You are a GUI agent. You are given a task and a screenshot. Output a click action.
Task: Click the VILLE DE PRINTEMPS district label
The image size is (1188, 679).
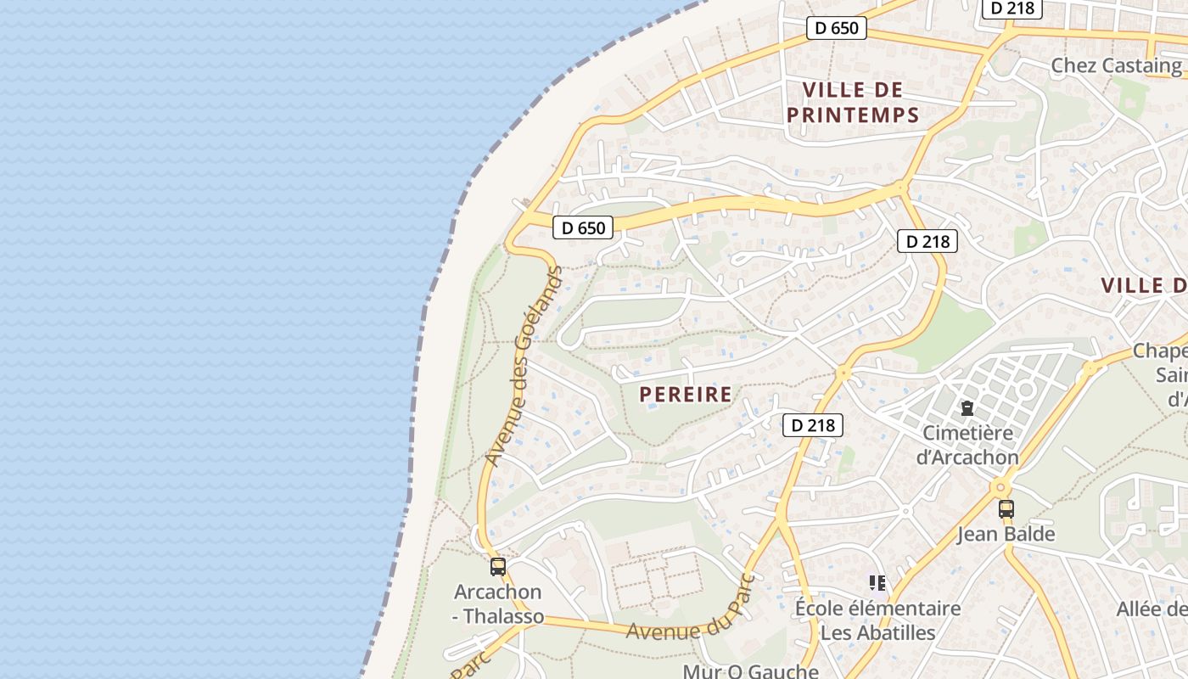(853, 102)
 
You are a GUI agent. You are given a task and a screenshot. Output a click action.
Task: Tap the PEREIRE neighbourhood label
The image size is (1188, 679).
(686, 394)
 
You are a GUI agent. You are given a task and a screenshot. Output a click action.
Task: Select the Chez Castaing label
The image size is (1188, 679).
(1116, 65)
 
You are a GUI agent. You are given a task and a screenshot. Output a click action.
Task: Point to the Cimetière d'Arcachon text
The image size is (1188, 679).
(967, 445)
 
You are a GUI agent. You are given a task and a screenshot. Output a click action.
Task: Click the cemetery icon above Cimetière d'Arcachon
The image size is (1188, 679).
(967, 408)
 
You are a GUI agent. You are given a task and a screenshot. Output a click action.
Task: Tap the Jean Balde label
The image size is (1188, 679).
(1006, 534)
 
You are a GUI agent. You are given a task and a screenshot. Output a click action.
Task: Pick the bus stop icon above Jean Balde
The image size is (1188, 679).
(1006, 508)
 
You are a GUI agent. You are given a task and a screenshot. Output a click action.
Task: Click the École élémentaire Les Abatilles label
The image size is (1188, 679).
(877, 620)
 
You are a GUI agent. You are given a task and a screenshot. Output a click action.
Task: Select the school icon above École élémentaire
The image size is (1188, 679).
(877, 582)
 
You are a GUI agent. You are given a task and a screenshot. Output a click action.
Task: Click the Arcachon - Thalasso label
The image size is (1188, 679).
(498, 603)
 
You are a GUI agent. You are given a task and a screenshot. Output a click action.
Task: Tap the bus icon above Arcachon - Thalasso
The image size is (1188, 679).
(498, 566)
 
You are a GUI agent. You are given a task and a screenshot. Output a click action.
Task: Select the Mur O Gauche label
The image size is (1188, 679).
(750, 671)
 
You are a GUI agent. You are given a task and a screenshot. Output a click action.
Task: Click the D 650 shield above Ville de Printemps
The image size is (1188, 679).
(837, 28)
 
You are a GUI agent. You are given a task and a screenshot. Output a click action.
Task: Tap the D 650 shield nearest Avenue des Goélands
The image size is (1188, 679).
(583, 227)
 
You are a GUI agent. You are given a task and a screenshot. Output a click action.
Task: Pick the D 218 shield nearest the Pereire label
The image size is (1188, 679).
(812, 425)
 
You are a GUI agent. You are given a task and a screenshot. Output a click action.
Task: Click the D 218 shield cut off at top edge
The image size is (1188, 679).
(1012, 8)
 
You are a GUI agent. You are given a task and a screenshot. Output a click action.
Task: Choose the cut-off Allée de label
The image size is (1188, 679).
(1152, 609)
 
